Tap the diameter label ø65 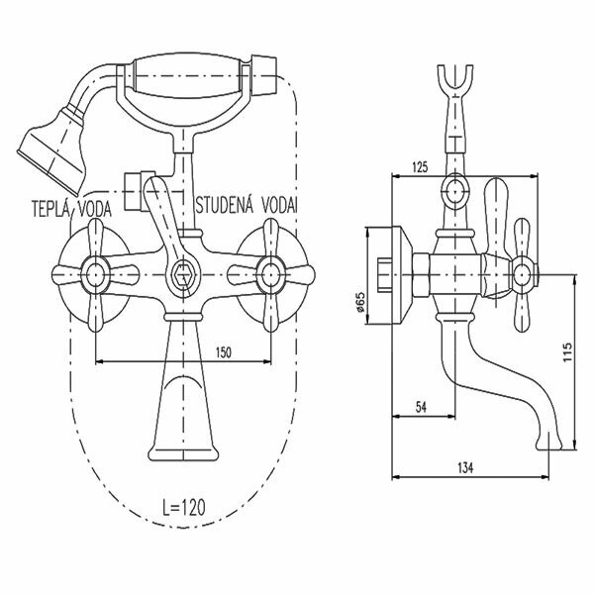pyautogui.click(x=363, y=301)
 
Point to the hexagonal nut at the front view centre pyautogui.click(x=181, y=274)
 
